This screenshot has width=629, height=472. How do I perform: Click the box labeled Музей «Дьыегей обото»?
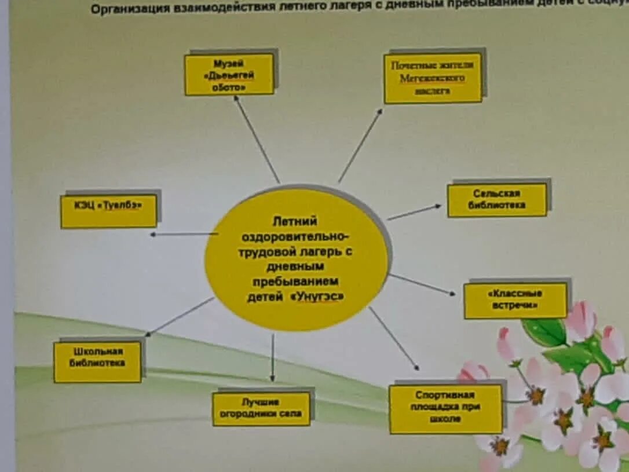[x=229, y=74]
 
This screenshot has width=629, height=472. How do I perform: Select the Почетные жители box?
[x=433, y=78]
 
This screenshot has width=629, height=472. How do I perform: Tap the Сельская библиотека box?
[x=497, y=200]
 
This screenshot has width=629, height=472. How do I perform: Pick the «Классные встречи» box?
[x=515, y=300]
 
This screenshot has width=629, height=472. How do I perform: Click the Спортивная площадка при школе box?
[x=445, y=408]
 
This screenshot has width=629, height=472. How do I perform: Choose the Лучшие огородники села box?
[x=261, y=408]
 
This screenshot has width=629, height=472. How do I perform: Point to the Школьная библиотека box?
[x=97, y=361]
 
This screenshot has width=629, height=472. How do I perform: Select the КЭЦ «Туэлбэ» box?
[x=108, y=210]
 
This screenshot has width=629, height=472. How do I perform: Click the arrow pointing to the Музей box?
[x=257, y=139]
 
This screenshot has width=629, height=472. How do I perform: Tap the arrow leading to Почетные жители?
[x=360, y=145]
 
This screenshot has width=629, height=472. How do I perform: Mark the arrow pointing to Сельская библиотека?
[x=414, y=212]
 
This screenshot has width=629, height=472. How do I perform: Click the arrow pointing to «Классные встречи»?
[x=422, y=284]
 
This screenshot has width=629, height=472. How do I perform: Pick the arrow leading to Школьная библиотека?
[x=180, y=316]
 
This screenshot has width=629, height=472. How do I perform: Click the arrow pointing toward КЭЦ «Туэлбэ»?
[x=184, y=234]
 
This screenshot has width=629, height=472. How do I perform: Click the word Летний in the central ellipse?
[x=296, y=221]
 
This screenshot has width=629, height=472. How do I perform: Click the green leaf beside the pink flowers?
[x=545, y=332]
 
